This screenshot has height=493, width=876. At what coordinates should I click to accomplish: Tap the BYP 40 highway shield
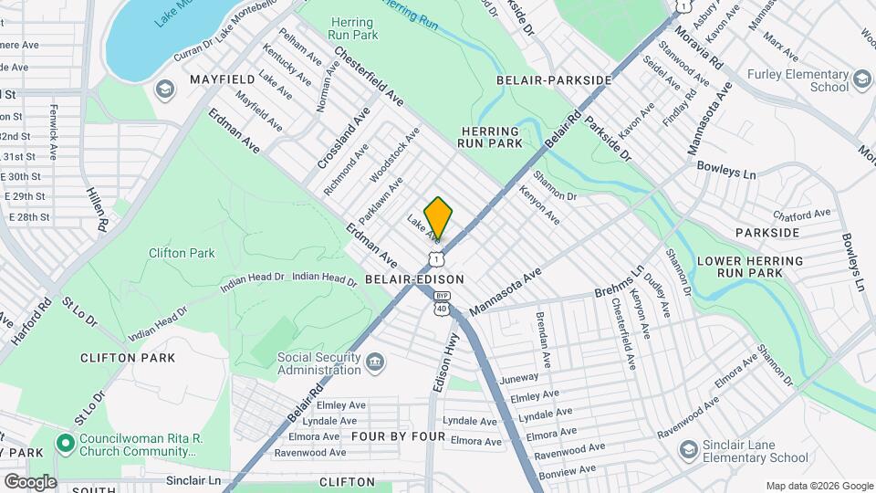[x=442, y=302]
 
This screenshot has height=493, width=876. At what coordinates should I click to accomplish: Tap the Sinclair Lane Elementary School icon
[x=688, y=451]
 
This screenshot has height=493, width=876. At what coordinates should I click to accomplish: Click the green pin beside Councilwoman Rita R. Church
[x=65, y=445]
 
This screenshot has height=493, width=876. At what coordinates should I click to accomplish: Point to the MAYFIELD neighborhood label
[x=220, y=80]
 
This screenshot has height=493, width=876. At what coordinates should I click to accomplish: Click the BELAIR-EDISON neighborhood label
[x=414, y=279]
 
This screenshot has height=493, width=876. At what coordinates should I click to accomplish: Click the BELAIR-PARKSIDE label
[x=554, y=80]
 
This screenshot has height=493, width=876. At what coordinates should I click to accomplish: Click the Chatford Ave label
[x=802, y=215]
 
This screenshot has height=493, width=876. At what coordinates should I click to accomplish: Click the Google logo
[x=30, y=482]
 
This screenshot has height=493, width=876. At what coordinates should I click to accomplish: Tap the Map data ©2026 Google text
[x=819, y=486]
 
